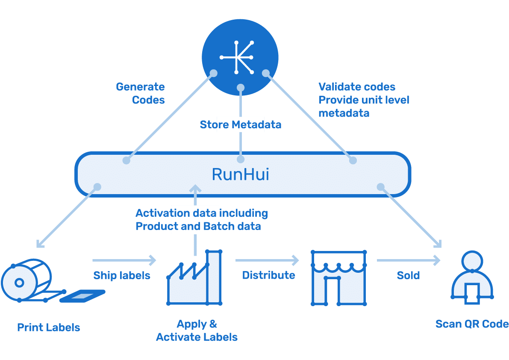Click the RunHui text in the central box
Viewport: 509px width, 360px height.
[240, 174]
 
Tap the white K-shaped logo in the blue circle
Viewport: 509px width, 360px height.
[237, 57]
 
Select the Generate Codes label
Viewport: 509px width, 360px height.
[140, 93]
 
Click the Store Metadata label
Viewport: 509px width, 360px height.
[240, 125]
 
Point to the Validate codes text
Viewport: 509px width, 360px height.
[357, 87]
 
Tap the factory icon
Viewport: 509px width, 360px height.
[194, 277]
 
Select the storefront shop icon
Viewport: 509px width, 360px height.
[338, 278]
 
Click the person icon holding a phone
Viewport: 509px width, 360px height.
[472, 277]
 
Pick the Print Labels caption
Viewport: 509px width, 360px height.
[49, 327]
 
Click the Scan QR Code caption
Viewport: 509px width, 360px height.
[472, 324]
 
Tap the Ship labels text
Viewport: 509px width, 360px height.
[122, 276]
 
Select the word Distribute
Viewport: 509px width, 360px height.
[269, 275]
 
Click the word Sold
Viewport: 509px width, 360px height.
[409, 276]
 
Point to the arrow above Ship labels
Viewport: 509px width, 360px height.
[124, 260]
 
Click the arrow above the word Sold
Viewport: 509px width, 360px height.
[409, 260]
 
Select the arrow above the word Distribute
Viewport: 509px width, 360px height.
[267, 260]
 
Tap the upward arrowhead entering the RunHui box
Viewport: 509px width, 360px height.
[195, 189]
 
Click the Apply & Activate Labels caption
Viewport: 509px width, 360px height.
[197, 330]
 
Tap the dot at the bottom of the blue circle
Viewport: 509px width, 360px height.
[240, 88]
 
